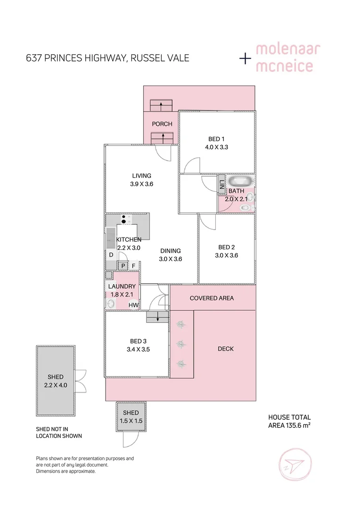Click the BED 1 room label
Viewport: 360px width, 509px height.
[217, 139]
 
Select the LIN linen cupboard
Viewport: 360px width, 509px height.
[221, 183]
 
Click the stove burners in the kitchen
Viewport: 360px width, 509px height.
[124, 219]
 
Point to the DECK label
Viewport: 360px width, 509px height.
[226, 349]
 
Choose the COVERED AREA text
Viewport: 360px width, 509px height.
[212, 298]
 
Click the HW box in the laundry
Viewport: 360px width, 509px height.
[133, 305]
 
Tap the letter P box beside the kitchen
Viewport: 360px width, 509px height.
[123, 266]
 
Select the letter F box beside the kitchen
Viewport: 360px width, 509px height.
[134, 266]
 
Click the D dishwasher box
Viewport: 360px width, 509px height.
[111, 255]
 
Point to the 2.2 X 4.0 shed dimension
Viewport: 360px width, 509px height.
[55, 385]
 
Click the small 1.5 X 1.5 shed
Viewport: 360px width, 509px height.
[131, 417]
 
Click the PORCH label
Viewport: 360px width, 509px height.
[162, 124]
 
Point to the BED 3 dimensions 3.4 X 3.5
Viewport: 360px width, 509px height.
[138, 349]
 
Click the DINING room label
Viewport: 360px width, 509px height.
[170, 251]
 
